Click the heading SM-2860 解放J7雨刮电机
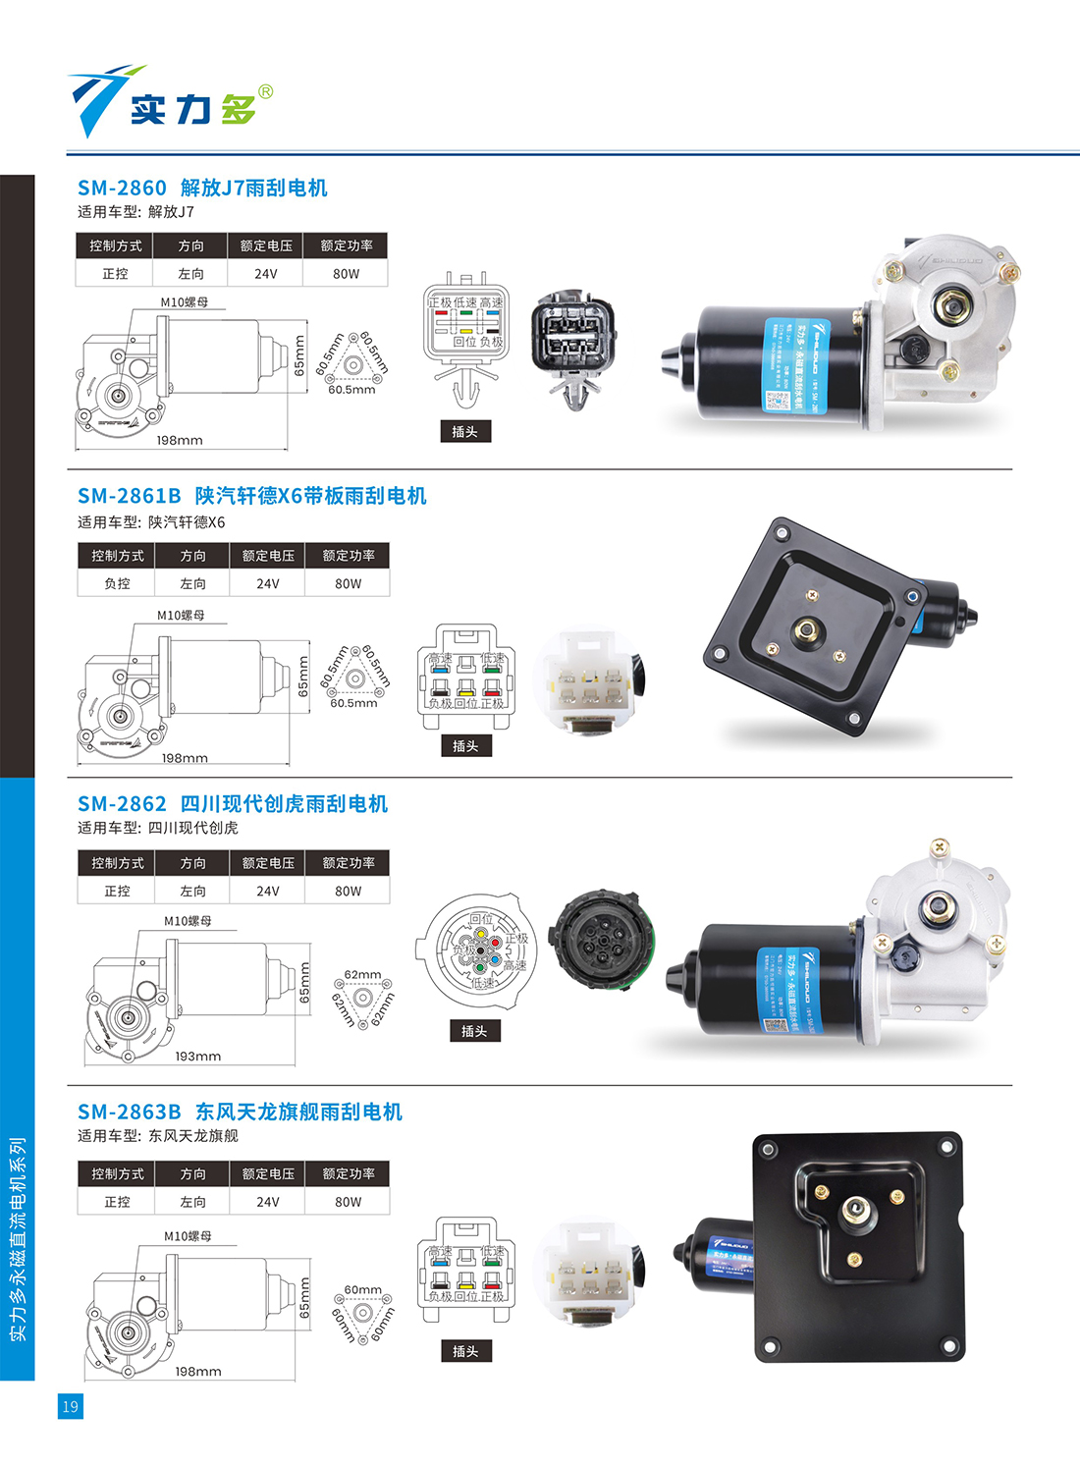coord(202,188)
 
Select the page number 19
coord(70,1406)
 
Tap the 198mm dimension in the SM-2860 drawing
coord(180,441)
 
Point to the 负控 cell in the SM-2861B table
coord(117,583)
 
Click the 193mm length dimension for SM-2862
coord(197,1057)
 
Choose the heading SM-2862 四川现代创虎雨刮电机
coord(233,804)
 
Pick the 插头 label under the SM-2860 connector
coord(464,431)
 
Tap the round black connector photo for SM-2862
coord(600,940)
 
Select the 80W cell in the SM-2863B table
coord(348,1202)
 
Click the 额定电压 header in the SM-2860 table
coord(266,245)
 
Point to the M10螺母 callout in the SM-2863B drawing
coord(188,1236)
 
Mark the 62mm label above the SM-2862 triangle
coord(362,975)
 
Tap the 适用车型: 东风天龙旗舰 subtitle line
coord(158,1136)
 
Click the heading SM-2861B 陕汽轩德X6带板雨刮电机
coord(252,496)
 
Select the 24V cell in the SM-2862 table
coord(267,892)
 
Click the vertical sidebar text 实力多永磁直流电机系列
coord(18,1239)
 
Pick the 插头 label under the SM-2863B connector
coord(465,1351)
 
